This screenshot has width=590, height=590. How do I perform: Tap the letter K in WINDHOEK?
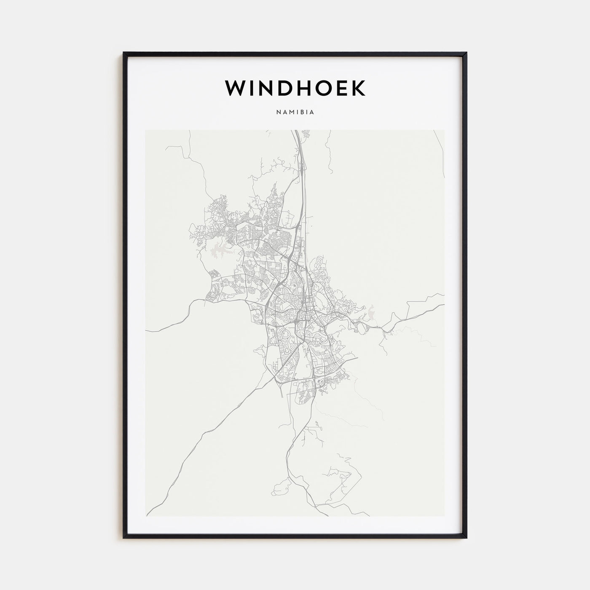click(358, 88)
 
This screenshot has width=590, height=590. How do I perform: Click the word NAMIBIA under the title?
click(295, 113)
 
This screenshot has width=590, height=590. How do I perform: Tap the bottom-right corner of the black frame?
click(466, 537)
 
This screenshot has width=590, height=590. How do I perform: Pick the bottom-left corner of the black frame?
click(124, 537)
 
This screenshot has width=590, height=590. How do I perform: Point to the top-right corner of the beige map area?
click(444, 130)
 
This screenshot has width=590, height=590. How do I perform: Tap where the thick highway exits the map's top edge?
click(296, 131)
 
